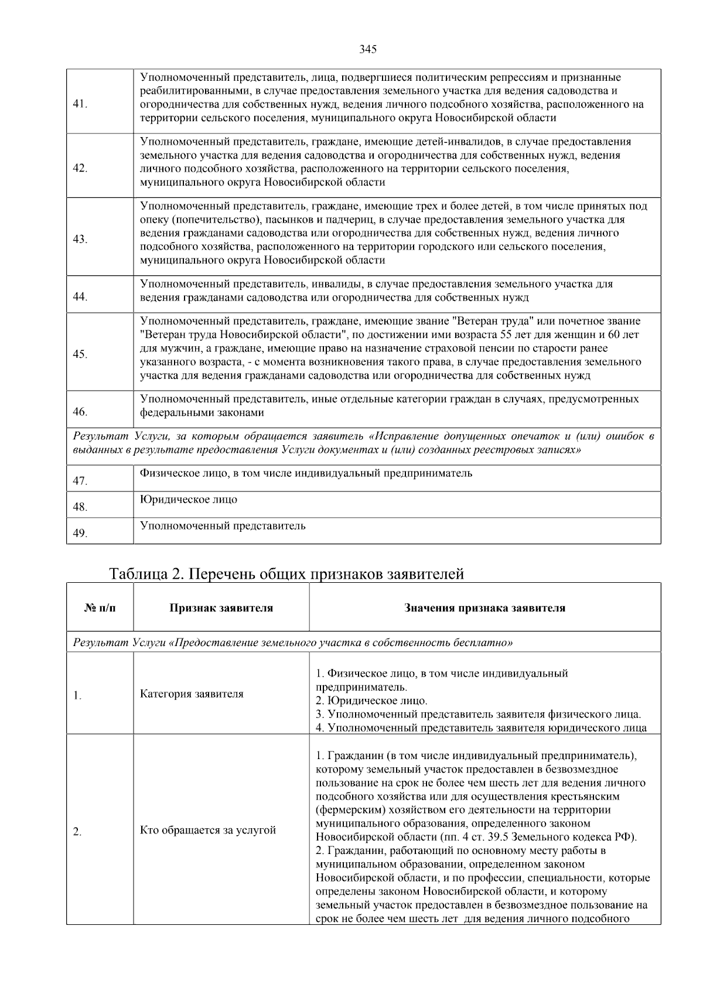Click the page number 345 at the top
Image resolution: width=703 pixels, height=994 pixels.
(368, 49)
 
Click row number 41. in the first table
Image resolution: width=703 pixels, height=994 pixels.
(80, 104)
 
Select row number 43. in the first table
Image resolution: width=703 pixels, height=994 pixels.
(80, 239)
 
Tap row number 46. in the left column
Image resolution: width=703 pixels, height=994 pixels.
(80, 412)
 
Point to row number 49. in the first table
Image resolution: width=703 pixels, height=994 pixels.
(80, 534)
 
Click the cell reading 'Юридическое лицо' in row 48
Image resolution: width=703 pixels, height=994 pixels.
(189, 500)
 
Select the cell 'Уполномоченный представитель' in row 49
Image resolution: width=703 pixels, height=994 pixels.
(223, 526)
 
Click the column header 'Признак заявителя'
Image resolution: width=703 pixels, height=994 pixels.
(221, 608)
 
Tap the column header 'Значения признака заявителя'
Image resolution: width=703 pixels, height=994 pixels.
(484, 608)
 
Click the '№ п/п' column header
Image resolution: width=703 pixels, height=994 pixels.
(100, 608)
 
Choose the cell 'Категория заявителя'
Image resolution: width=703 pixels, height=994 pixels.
(192, 694)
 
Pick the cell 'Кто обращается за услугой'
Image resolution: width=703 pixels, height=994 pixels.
(208, 830)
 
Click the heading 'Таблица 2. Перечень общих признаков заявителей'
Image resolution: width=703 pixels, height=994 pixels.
(286, 574)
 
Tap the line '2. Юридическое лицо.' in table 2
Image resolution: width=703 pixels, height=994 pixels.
(371, 701)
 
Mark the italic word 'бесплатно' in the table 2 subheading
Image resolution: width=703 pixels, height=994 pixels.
(488, 643)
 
